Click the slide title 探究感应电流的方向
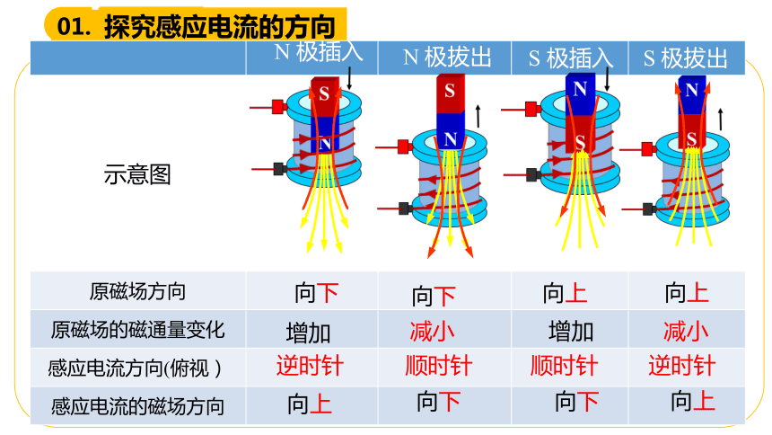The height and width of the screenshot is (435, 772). (220, 26)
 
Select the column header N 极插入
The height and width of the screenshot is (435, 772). (319, 52)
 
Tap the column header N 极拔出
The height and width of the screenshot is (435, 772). (447, 58)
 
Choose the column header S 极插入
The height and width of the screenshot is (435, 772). (571, 58)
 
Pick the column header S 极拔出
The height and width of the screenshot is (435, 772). (685, 58)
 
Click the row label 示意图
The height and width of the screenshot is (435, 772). (137, 174)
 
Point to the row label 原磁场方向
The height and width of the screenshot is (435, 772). (137, 291)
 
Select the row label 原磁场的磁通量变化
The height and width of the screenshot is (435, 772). (137, 330)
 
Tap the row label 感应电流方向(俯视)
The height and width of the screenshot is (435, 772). (135, 368)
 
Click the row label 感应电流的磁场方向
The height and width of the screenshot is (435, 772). (137, 406)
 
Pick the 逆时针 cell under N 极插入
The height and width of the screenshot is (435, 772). (310, 366)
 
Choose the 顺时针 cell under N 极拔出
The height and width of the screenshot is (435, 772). (439, 366)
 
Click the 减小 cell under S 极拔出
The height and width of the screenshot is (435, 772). (686, 331)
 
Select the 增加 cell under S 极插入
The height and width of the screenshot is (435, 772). (571, 332)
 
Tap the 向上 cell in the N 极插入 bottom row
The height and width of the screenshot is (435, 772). (310, 404)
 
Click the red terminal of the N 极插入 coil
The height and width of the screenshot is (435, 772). (278, 107)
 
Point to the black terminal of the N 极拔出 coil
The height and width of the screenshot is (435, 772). (405, 209)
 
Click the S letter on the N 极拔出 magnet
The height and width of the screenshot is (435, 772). (449, 91)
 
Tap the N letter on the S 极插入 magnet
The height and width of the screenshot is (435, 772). (580, 89)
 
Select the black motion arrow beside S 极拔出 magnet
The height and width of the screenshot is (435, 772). (721, 120)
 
